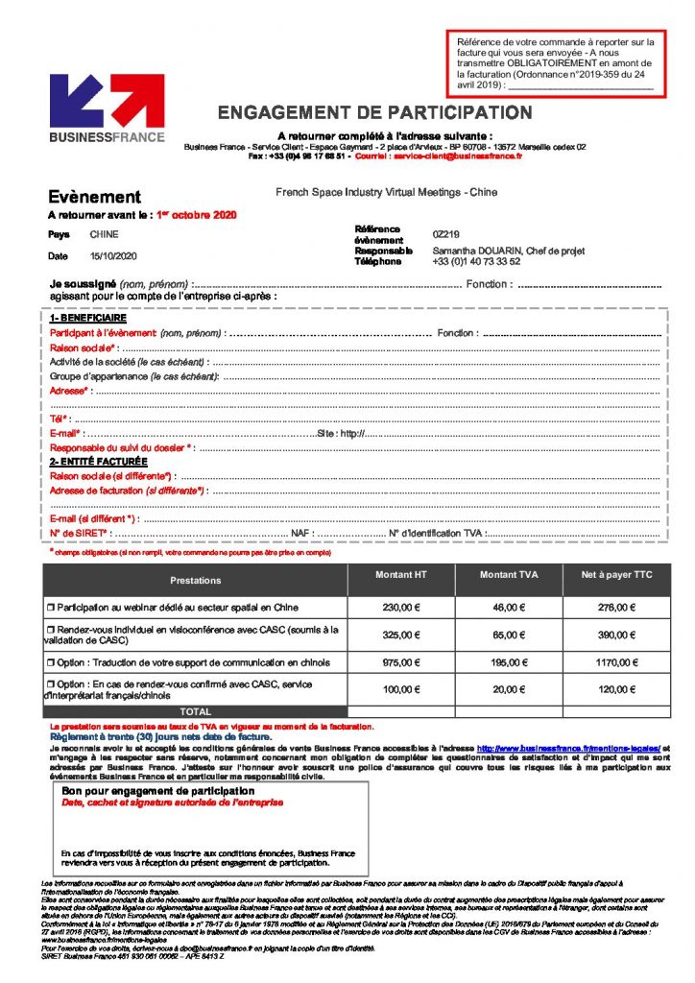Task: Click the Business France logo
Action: tap(107, 108)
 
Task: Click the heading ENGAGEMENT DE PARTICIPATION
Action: tap(374, 113)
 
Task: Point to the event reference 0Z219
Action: tap(446, 233)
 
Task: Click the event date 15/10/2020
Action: tap(114, 256)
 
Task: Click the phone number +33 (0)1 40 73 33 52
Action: tap(477, 261)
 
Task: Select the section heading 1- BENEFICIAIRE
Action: tap(87, 318)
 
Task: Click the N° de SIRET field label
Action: tap(80, 533)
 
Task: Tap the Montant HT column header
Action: tap(401, 575)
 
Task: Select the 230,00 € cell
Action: tap(401, 608)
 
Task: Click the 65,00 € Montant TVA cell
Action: tap(509, 635)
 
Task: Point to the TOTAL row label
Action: tap(196, 711)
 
